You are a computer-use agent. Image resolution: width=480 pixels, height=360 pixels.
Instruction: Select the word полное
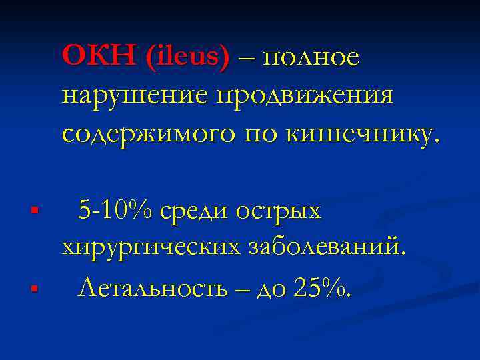[312, 58]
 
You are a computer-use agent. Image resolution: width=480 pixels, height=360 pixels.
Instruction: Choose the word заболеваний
[326, 248]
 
